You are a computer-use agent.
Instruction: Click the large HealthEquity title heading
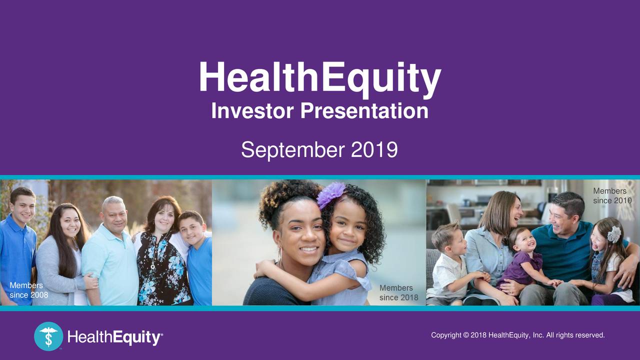point(319,78)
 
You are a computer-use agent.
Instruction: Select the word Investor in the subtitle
point(253,111)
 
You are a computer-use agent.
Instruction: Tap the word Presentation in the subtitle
point(364,111)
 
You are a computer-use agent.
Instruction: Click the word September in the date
point(292,149)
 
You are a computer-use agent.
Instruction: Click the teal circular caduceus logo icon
point(48,336)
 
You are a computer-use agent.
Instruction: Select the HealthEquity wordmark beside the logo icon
point(114,338)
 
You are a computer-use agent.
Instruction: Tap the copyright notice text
point(517,334)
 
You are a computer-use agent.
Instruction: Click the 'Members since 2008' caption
point(28,290)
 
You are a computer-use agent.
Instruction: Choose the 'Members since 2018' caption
point(398,292)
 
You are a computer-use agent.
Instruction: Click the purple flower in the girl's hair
point(331,194)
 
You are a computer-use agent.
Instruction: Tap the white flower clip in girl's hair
point(613,234)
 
